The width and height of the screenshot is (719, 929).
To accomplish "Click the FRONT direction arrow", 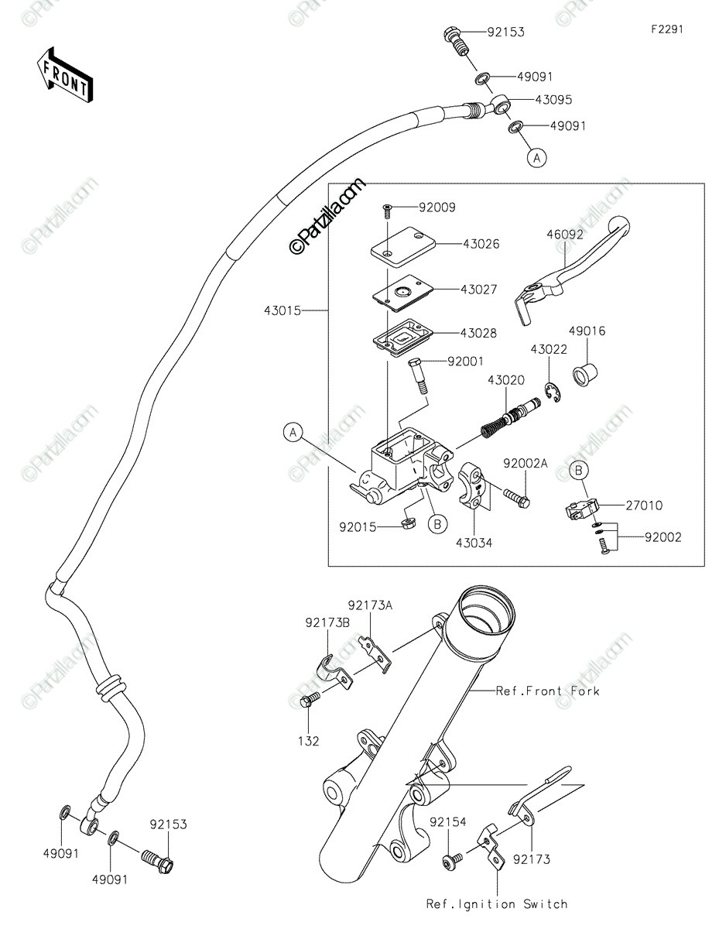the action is (65, 76).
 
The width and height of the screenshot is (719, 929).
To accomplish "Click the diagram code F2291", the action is (667, 29).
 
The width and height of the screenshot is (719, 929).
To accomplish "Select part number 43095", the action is (553, 100).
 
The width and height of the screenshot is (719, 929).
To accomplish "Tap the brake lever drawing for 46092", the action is (570, 272).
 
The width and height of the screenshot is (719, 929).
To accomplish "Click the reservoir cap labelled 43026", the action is (402, 247).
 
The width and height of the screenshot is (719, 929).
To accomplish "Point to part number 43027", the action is (479, 290).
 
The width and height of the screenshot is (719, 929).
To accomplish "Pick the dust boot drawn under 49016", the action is (585, 375).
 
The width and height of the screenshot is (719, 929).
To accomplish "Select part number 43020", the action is (506, 380).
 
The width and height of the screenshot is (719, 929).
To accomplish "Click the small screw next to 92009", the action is (387, 211).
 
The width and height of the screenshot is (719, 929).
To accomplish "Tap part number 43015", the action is (282, 310).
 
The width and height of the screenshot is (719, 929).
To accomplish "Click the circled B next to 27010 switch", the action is (579, 470).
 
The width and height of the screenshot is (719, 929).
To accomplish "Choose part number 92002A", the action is (525, 464).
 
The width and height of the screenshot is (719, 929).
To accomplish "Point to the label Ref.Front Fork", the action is (548, 691).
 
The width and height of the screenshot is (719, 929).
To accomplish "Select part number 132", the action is (309, 741).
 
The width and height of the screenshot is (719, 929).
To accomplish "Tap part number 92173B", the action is (327, 623).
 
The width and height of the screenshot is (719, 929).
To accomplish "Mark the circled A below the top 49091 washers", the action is (537, 158).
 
